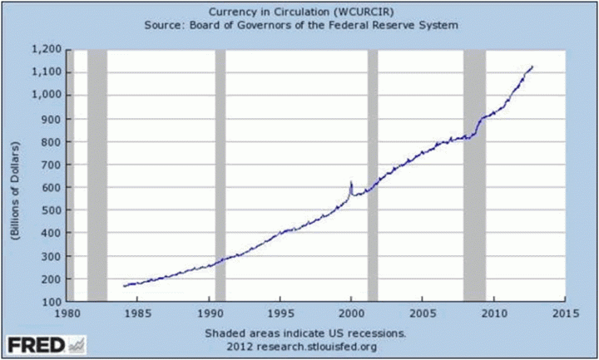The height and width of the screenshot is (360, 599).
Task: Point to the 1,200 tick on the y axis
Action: tap(47, 51)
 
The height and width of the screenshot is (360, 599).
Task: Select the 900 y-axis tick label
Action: tap(52, 118)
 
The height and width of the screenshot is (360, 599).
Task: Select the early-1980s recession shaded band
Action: tap(97, 175)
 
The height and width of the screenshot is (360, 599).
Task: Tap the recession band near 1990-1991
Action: tap(220, 175)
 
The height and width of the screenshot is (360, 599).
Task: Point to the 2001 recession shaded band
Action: tap(373, 175)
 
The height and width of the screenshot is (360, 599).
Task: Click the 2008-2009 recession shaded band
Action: tap(474, 175)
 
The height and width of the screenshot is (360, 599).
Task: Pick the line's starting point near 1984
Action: tap(124, 285)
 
